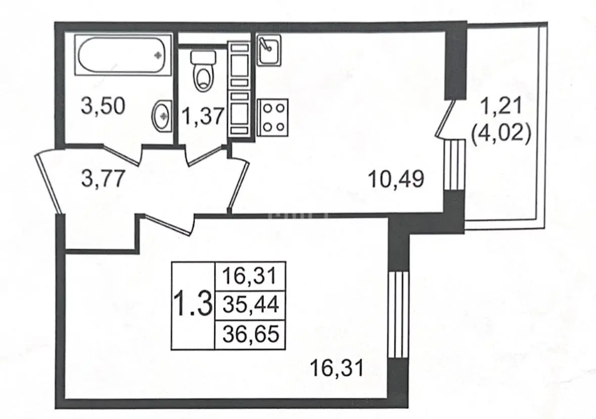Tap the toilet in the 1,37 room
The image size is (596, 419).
click(203, 71)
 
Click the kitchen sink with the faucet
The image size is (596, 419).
click(269, 50)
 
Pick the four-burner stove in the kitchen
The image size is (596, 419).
click(272, 117)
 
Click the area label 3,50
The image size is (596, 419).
click(103, 107)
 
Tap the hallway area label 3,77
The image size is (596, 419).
click(104, 178)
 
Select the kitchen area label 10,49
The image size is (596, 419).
click(396, 179)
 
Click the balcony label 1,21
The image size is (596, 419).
click(500, 106)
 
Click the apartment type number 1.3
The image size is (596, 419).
click(192, 305)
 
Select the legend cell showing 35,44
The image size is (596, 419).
click(251, 305)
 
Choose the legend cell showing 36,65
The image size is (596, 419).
click(251, 334)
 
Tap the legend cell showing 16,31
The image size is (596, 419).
click(251, 275)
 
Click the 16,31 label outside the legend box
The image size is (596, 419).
click(337, 368)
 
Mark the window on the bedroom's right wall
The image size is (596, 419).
click(398, 315)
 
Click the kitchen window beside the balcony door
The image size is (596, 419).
click(455, 164)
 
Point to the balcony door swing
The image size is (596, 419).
click(444, 118)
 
